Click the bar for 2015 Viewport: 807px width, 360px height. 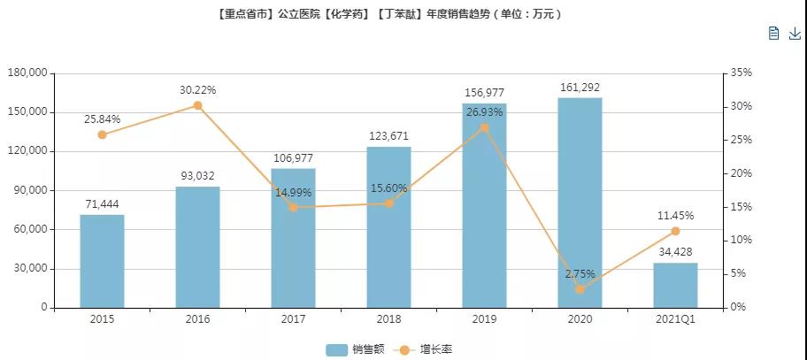(x=102, y=261)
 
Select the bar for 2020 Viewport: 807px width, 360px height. (x=580, y=203)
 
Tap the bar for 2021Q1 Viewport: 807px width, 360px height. (x=675, y=285)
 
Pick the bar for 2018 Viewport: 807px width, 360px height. (x=388, y=227)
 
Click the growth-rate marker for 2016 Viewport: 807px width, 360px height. (x=197, y=105)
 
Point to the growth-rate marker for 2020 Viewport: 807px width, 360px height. (x=580, y=289)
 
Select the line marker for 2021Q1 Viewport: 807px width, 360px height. (x=675, y=231)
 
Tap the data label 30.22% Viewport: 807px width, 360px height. (x=197, y=90)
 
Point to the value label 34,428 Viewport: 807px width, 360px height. (x=675, y=252)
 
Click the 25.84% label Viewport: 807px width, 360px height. (x=102, y=119)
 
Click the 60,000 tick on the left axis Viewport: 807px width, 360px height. (x=29, y=229)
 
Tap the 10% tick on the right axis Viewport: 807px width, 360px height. (x=742, y=241)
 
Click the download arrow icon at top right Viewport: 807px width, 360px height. (x=795, y=34)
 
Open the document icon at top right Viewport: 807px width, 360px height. (x=773, y=34)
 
